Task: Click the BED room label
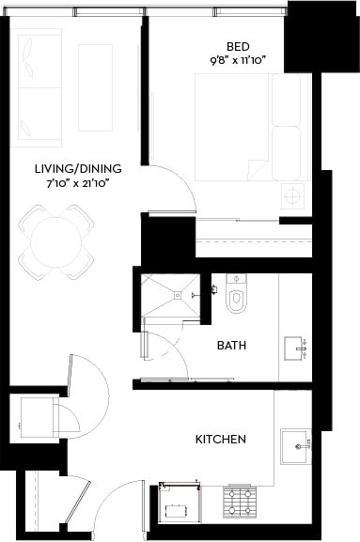[x=237, y=45]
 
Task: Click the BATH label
[x=231, y=346]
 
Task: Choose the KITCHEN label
[x=221, y=439]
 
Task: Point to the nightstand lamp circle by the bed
[x=293, y=197]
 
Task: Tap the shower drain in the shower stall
[x=175, y=295]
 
